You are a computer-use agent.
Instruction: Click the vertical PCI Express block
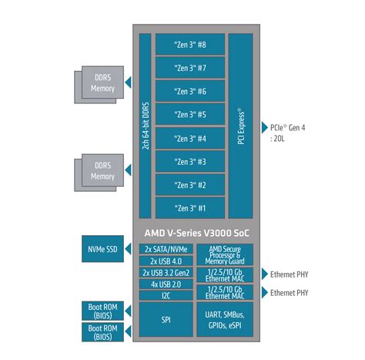tap(241, 126)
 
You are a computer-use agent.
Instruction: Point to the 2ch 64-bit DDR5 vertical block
tap(145, 126)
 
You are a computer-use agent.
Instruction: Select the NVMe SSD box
tap(102, 249)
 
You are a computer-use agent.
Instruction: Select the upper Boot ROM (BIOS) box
tap(102, 310)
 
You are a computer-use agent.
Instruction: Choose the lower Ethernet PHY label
tap(290, 292)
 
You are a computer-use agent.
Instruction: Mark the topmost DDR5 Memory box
tap(102, 85)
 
